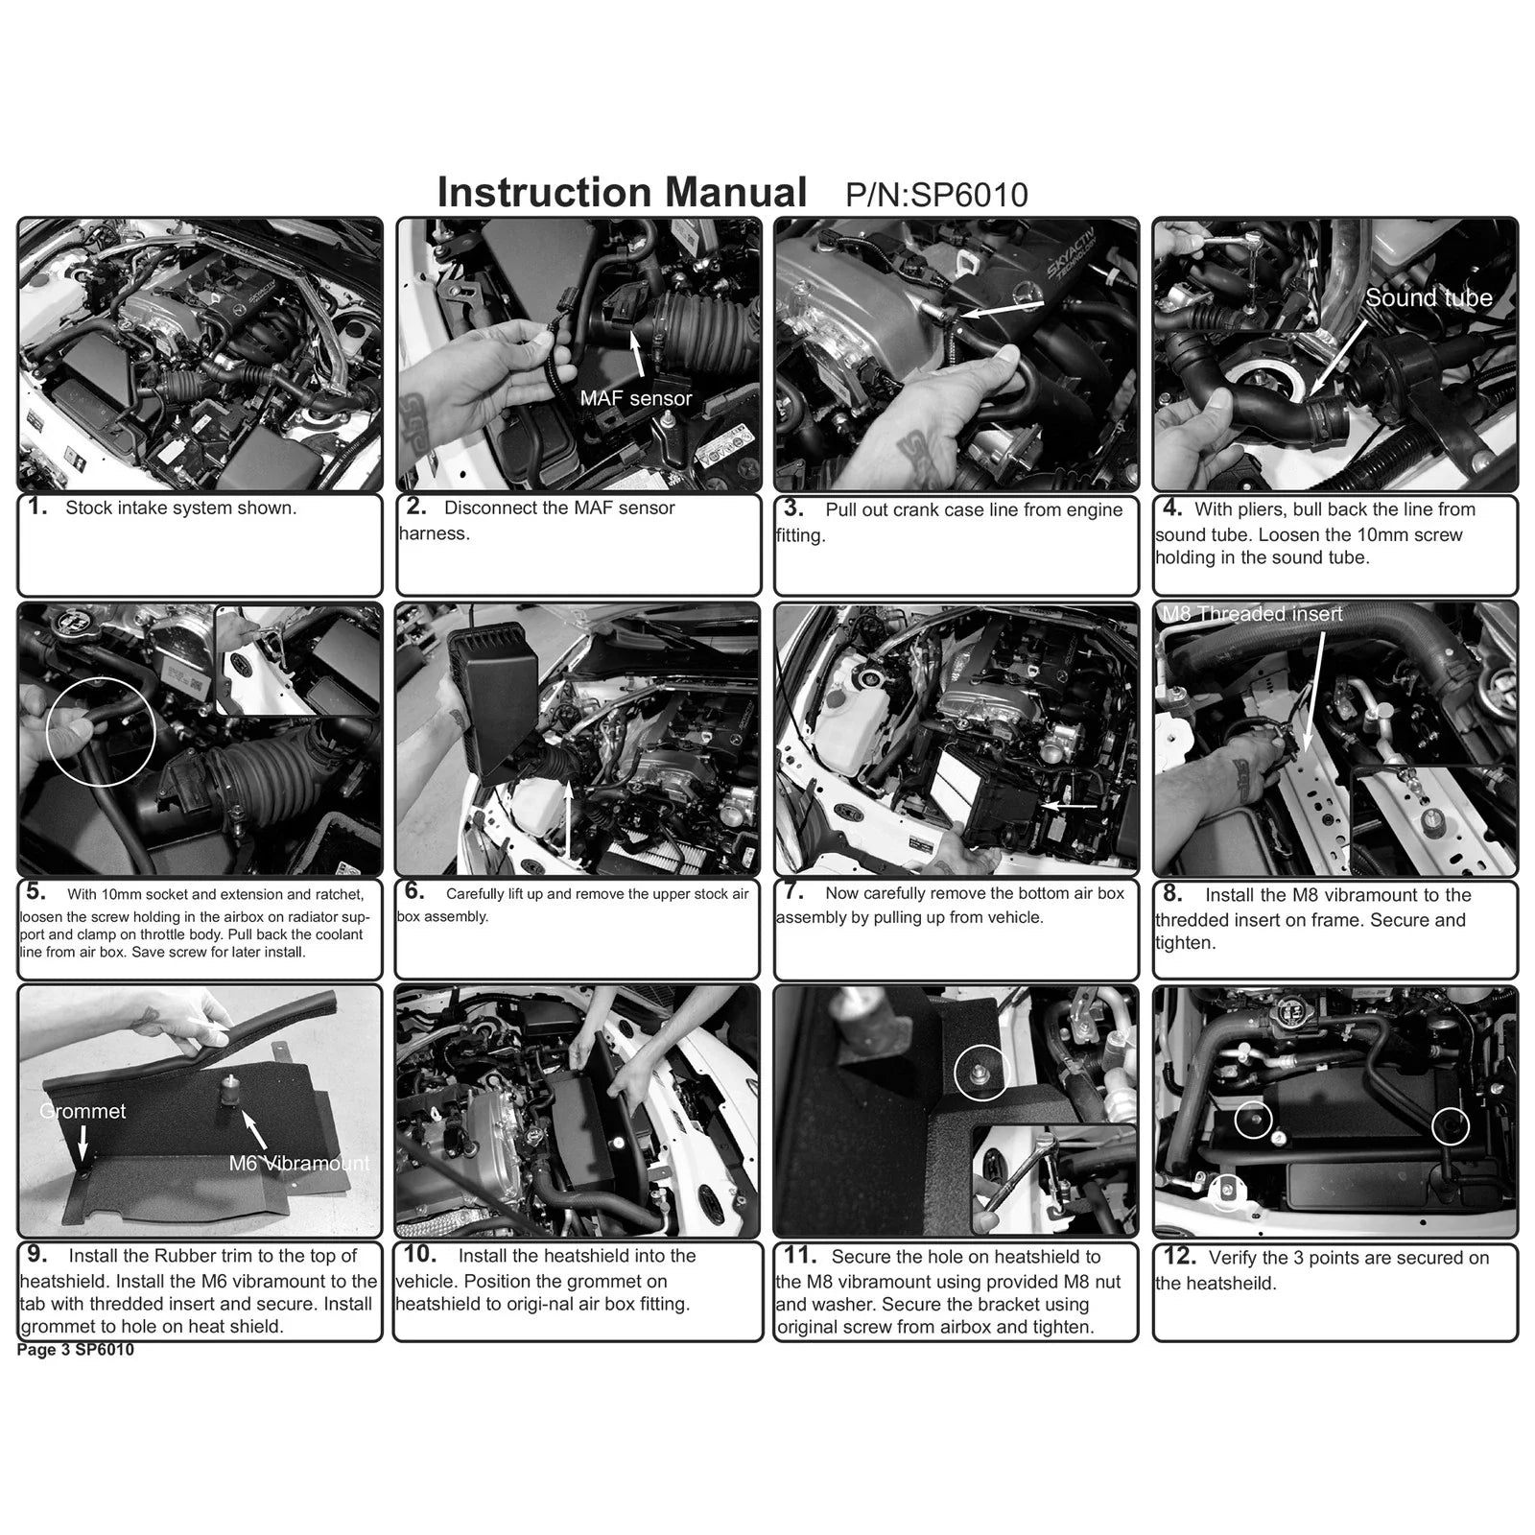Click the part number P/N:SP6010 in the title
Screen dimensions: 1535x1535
click(936, 195)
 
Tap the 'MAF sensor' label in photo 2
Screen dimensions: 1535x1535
click(636, 398)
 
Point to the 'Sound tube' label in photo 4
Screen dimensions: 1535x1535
click(1429, 297)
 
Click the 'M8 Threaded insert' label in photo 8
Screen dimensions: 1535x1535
click(1253, 614)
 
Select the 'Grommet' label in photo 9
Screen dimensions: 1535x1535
click(83, 1111)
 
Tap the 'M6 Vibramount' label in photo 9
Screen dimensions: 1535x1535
click(299, 1163)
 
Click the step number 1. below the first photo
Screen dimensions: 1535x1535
click(37, 507)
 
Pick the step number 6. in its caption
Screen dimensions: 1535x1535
click(414, 891)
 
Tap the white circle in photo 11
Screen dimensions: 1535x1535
click(981, 1047)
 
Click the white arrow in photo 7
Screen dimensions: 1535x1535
click(1071, 806)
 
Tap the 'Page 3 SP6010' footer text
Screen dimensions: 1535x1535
click(76, 1350)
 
